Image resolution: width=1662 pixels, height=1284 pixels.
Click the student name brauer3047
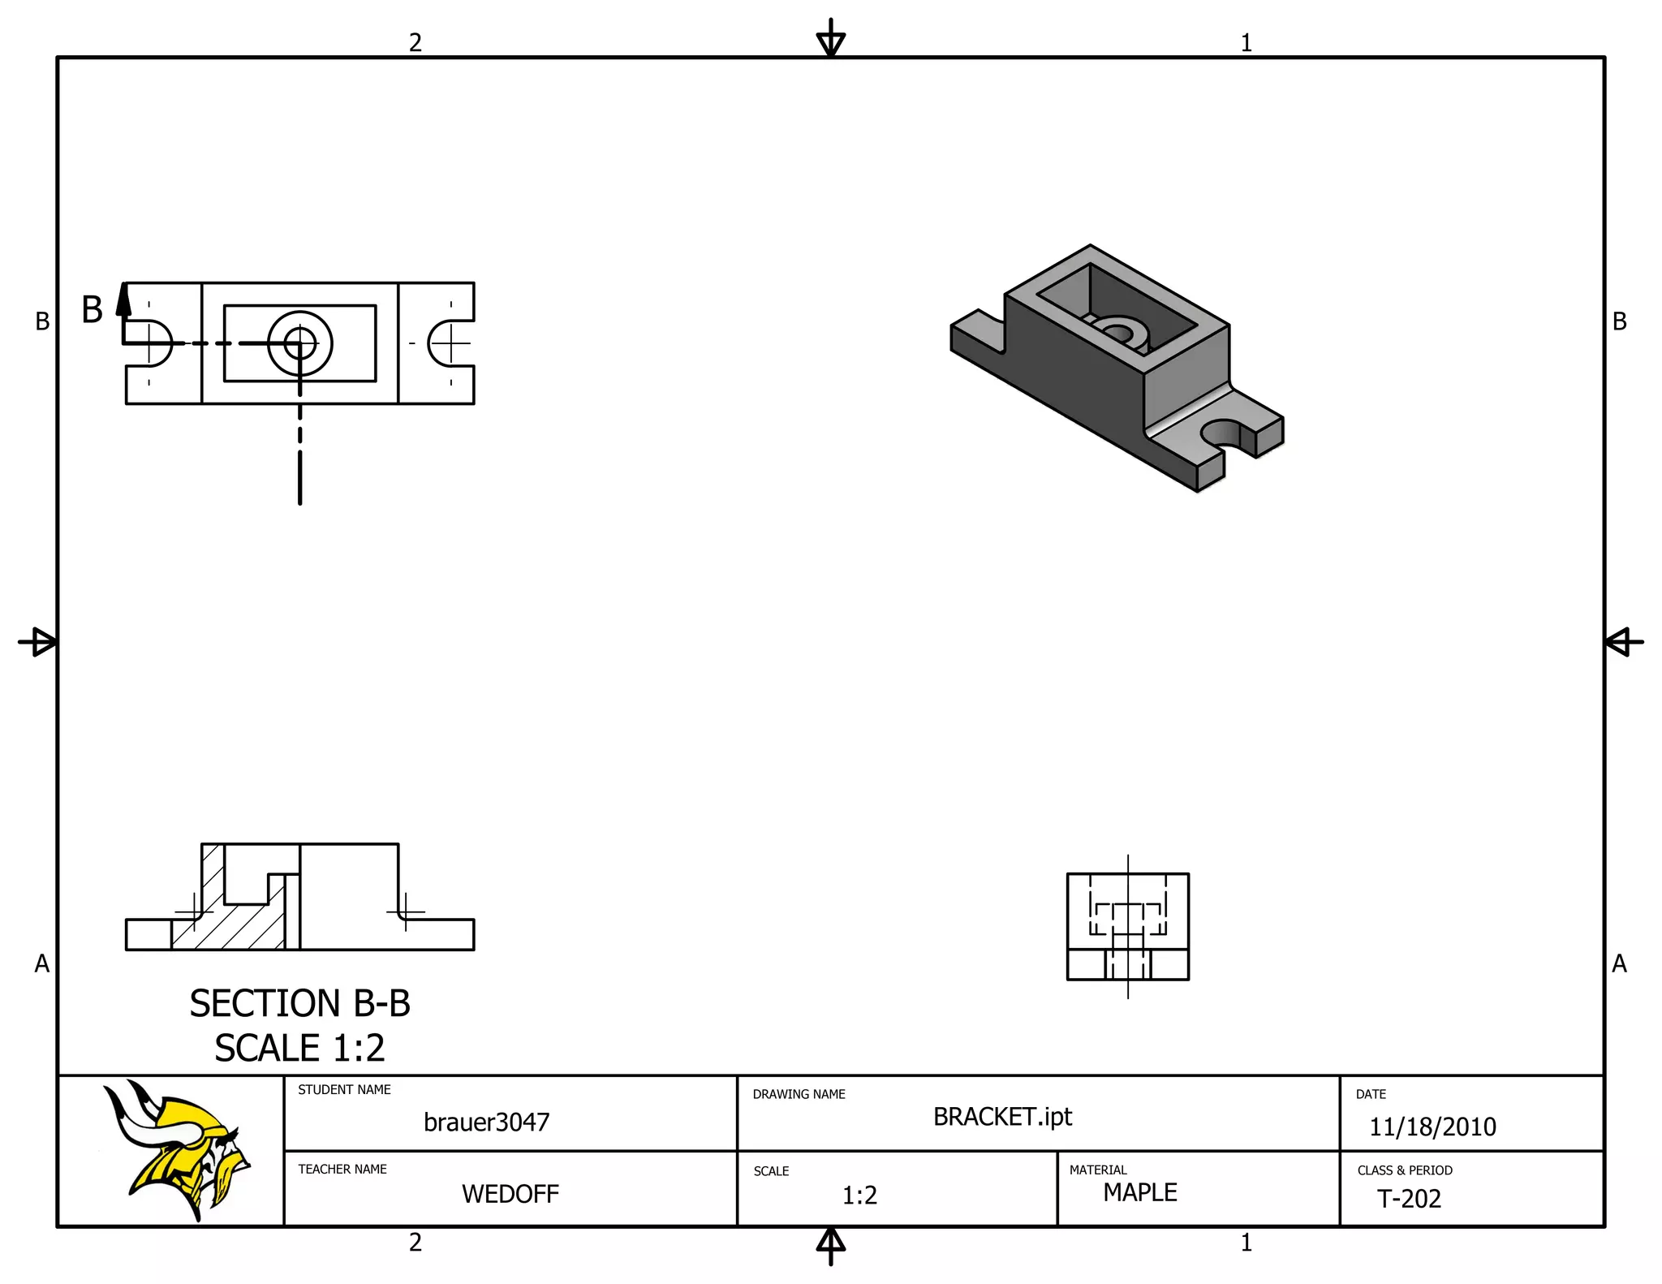pos(486,1122)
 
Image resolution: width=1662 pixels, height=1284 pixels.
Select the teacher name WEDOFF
pos(510,1194)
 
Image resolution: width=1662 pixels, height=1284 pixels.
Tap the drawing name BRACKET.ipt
pos(1002,1117)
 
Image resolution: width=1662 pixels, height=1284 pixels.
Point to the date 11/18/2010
pos(1432,1127)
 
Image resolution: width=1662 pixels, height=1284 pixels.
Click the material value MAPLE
pos(1139,1192)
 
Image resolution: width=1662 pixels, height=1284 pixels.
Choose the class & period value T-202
pos(1409,1199)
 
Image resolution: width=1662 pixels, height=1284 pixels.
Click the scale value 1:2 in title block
pos(859,1196)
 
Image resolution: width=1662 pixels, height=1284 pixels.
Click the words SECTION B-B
pos(299,1004)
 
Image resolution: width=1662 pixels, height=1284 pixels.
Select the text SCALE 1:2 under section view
pos(299,1048)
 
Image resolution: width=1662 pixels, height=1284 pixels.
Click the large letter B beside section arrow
pos(93,310)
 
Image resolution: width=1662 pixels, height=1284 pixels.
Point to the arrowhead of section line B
pos(123,299)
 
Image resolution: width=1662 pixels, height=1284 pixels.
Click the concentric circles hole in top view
pos(300,343)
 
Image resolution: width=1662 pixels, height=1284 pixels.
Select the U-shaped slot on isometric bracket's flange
pos(1224,435)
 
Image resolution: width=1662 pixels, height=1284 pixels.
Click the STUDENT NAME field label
pos(344,1090)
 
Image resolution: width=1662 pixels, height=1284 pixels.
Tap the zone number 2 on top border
pos(415,42)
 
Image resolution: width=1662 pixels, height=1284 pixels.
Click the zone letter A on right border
pos(1619,963)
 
